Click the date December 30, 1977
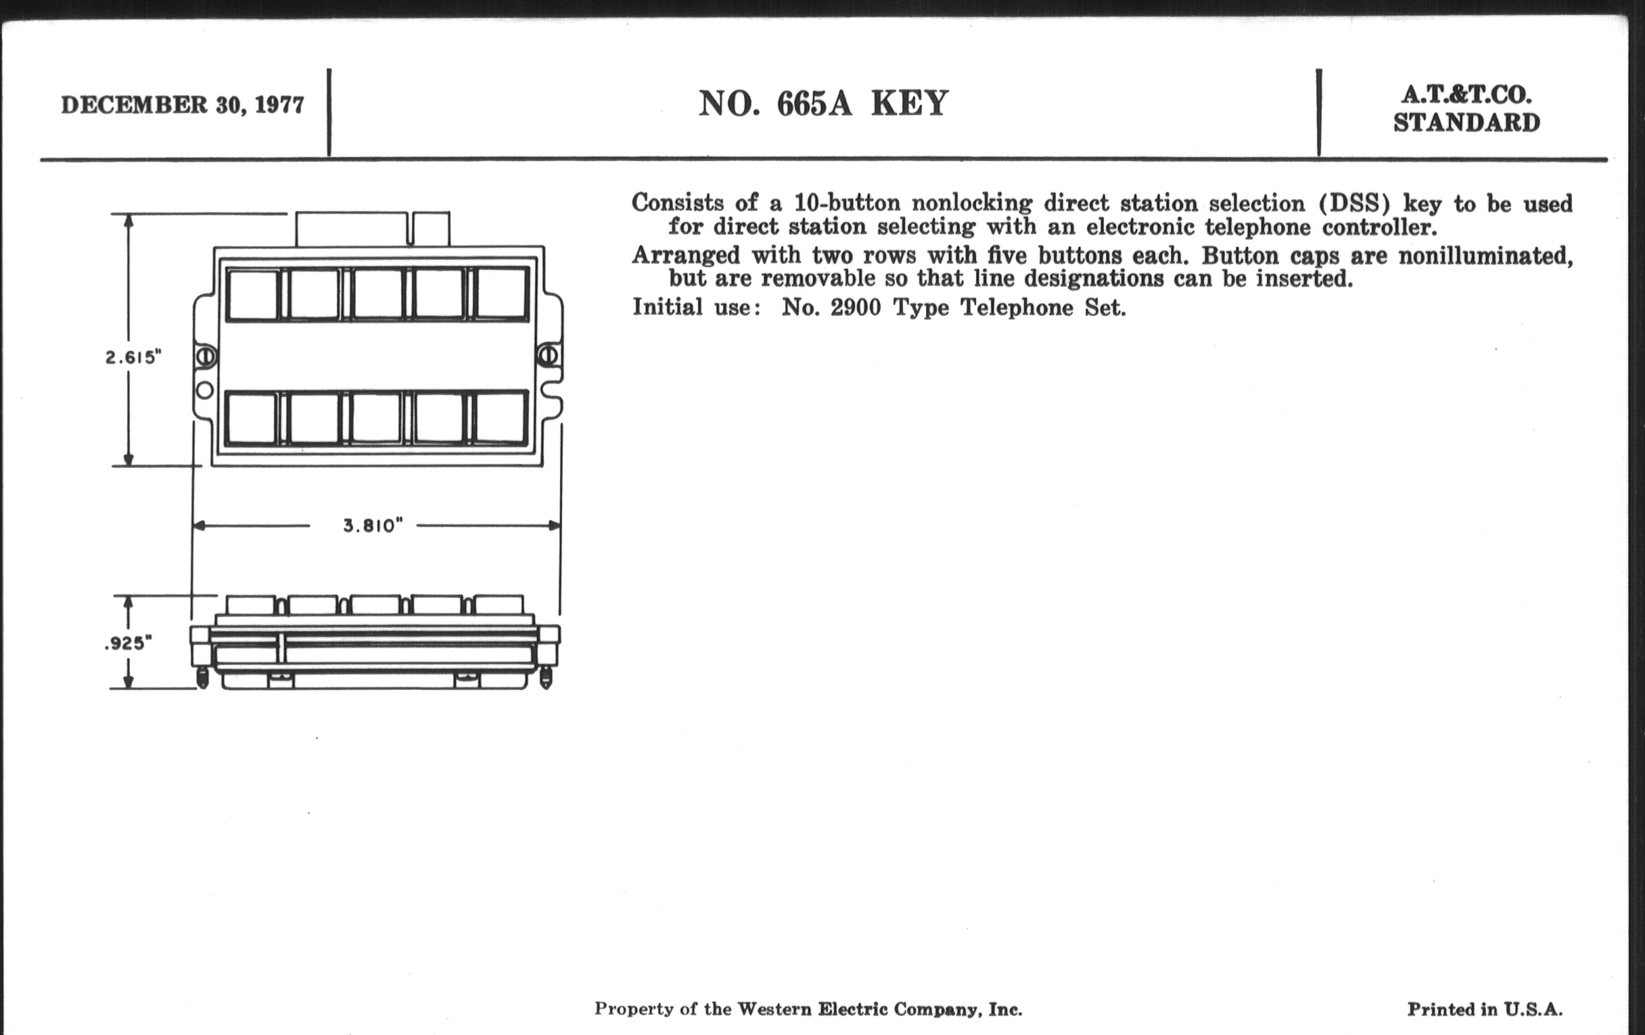[183, 106]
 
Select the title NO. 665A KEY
[823, 104]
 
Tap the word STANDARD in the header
[1466, 123]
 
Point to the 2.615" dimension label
[133, 357]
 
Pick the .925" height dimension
[128, 643]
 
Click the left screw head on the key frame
[206, 356]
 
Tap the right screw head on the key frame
[548, 355]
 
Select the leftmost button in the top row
[253, 294]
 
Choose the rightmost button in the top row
[501, 293]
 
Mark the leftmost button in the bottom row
[252, 418]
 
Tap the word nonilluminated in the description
[1485, 256]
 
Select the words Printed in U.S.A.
[1485, 1009]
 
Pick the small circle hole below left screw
[205, 390]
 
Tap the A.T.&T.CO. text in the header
[1466, 95]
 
